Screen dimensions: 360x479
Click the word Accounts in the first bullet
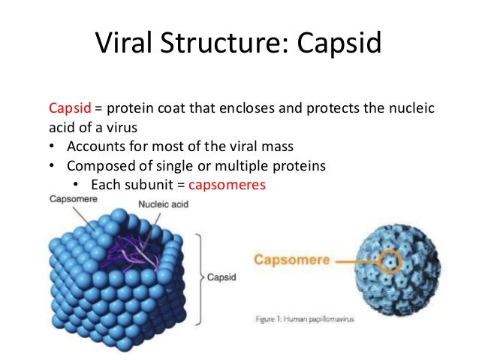click(91, 147)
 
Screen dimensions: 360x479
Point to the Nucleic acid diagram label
click(162, 204)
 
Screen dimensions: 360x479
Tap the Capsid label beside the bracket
click(221, 277)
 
